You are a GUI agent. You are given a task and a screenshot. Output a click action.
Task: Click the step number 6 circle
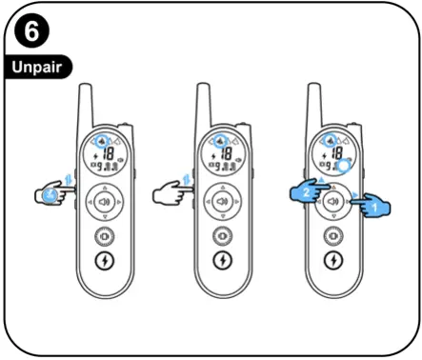pyautogui.click(x=30, y=34)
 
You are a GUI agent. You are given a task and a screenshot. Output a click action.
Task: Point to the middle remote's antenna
pyautogui.click(x=202, y=103)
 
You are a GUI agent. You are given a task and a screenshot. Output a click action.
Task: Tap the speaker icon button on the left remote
pyautogui.click(x=104, y=202)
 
